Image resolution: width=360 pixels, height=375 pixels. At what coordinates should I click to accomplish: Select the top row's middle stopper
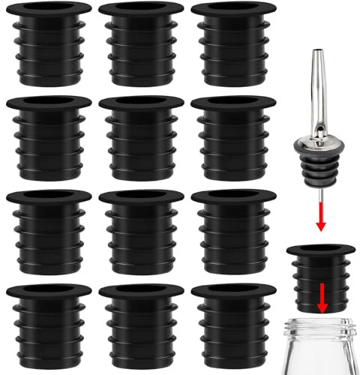click(x=138, y=45)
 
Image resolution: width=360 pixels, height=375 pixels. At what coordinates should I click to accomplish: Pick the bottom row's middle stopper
click(x=138, y=327)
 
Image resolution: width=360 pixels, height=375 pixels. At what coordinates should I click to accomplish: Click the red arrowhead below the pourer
click(x=320, y=228)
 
